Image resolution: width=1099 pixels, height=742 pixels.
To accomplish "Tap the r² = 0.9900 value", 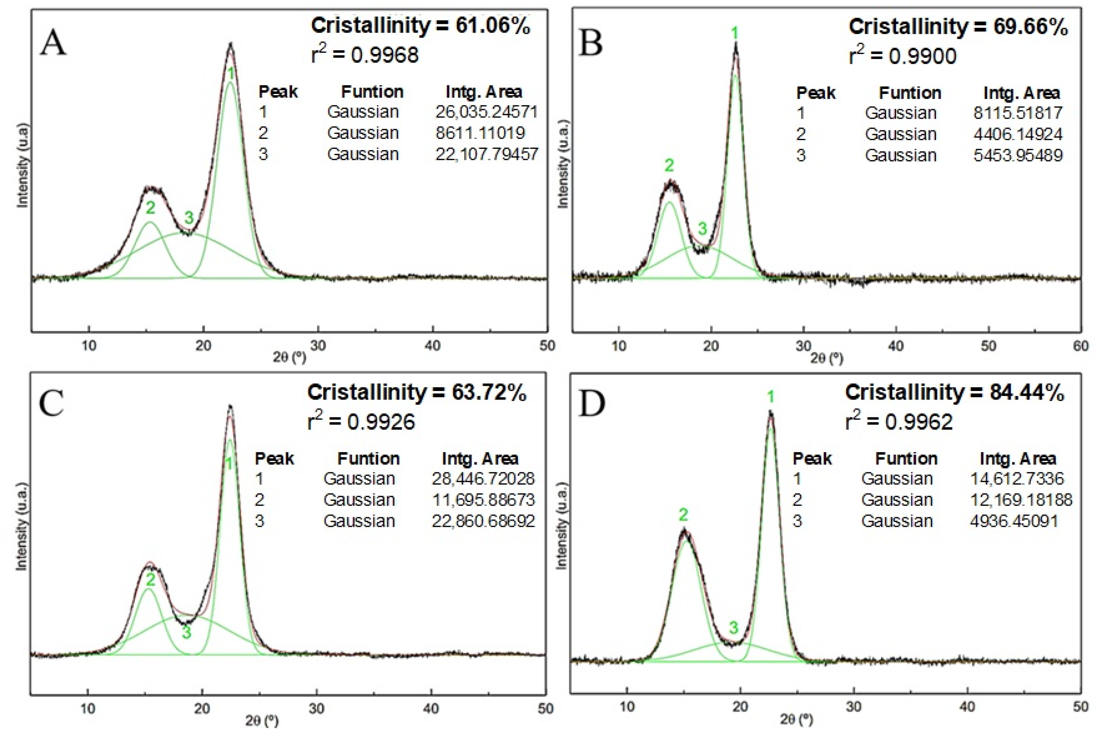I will (902, 56).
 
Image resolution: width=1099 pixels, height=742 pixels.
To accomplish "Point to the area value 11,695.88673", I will (483, 500).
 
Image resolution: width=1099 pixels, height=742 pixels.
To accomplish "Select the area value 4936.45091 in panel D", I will (1014, 521).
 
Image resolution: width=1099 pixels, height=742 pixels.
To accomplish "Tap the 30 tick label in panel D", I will (854, 707).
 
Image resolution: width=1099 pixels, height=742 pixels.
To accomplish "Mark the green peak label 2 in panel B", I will (669, 165).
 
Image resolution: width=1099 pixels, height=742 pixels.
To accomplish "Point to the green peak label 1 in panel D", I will (771, 397).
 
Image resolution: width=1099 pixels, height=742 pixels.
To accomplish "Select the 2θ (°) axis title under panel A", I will (289, 357).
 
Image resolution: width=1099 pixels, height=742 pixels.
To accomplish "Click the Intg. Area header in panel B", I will (1022, 93).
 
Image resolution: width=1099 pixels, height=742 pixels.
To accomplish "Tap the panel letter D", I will (591, 405).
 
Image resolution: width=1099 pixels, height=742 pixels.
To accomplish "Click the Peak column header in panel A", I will (278, 91).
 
